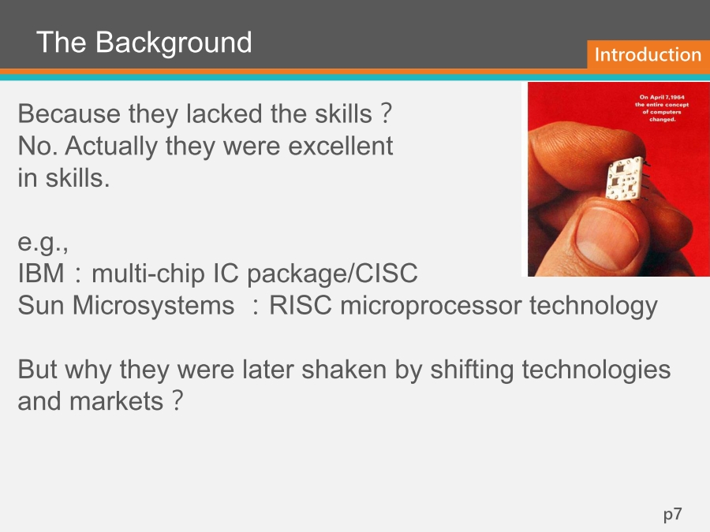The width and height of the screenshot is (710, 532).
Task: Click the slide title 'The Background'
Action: click(144, 43)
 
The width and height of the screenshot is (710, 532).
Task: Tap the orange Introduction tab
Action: click(648, 54)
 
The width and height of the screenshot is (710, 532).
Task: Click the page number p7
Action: click(672, 515)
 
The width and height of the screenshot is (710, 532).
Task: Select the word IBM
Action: click(41, 273)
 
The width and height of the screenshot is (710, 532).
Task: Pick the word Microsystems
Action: click(153, 306)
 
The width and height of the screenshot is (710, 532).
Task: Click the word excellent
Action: click(341, 146)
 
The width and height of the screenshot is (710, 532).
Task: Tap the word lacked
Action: click(224, 113)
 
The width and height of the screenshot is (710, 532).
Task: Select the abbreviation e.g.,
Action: click(43, 243)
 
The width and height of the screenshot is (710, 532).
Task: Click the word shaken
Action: click(344, 369)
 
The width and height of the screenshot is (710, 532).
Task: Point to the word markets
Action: click(116, 401)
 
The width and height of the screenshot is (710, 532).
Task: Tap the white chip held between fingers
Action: click(625, 179)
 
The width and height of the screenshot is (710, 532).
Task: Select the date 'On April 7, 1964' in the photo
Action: click(662, 97)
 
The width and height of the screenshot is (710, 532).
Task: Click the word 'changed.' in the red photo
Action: click(663, 120)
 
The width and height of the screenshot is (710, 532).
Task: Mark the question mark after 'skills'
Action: click(386, 113)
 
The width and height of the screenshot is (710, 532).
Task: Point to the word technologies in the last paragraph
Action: click(596, 370)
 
